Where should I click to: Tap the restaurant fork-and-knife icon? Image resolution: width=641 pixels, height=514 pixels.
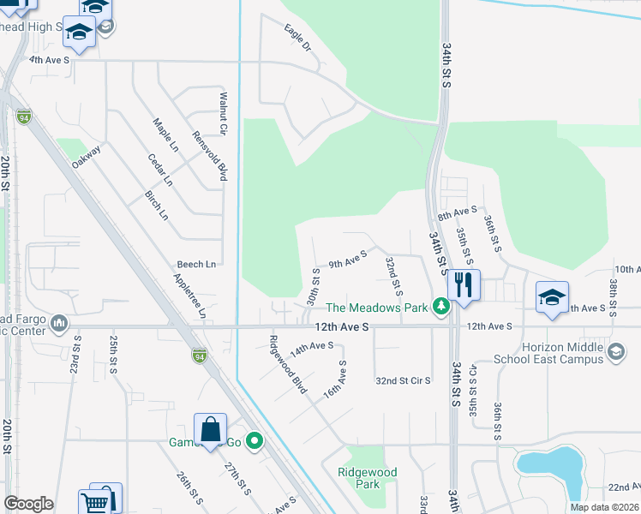click(464, 285)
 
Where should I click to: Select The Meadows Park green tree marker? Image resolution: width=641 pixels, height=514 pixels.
click(441, 307)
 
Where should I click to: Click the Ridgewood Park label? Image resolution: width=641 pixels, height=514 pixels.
click(368, 478)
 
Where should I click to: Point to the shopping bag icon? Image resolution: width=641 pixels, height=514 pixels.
click(210, 430)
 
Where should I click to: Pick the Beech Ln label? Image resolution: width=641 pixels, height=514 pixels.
click(196, 264)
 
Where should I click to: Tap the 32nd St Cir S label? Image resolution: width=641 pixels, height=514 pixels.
click(403, 380)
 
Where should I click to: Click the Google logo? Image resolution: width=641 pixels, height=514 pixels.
click(28, 504)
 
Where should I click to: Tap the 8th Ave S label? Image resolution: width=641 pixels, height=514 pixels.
click(457, 212)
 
